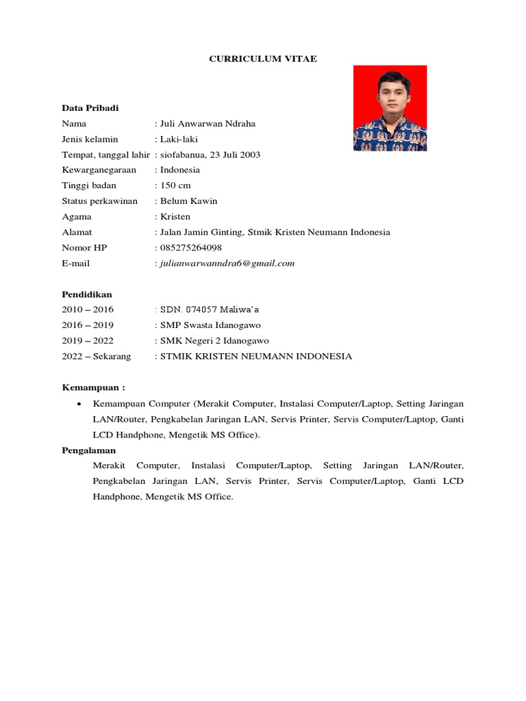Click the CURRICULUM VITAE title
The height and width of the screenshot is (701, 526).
[263, 60]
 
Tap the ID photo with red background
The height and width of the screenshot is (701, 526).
[390, 108]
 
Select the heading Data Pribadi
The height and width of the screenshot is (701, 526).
[90, 108]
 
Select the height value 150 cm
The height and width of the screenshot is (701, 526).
[175, 186]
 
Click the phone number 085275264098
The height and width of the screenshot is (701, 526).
[191, 248]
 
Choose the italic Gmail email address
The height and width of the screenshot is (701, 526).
[227, 264]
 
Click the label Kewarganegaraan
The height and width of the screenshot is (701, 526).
[99, 170]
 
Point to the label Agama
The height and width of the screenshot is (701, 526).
[75, 216]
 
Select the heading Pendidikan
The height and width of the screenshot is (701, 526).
[87, 294]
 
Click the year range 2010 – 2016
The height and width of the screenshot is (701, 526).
[88, 310]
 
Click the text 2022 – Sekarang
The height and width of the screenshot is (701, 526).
[96, 357]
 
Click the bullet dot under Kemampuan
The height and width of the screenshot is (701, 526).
[81, 404]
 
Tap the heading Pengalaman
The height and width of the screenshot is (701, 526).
[89, 450]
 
